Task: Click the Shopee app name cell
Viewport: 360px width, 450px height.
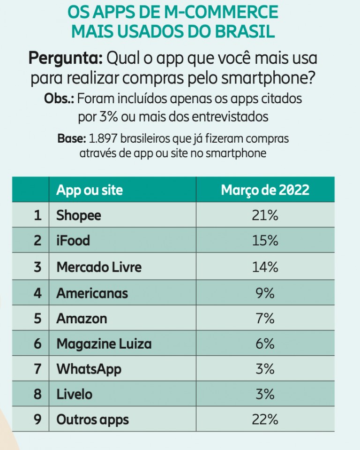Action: click(x=79, y=215)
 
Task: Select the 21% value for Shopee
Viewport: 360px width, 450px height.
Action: click(x=265, y=215)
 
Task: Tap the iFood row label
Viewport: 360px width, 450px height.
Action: click(x=73, y=241)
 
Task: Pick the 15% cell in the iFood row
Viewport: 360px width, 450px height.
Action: click(x=265, y=241)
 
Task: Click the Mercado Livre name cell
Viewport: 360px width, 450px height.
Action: click(x=99, y=267)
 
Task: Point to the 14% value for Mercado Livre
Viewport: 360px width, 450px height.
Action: click(x=265, y=267)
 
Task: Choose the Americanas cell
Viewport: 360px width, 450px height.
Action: click(x=92, y=293)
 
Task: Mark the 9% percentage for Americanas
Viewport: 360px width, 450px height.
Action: click(x=265, y=293)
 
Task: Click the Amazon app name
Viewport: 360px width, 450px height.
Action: click(x=82, y=319)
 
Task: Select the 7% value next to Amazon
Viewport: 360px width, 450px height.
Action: click(x=265, y=319)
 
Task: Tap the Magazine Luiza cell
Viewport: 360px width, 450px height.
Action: click(x=104, y=344)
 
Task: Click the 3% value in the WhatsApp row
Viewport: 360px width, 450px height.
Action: click(x=265, y=369)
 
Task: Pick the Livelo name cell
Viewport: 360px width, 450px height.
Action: click(x=75, y=394)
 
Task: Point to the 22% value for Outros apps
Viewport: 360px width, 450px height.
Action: click(x=265, y=419)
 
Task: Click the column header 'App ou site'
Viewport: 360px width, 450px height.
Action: click(x=90, y=190)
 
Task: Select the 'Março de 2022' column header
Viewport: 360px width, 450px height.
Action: click(x=265, y=190)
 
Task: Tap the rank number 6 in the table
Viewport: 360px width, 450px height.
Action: click(x=38, y=344)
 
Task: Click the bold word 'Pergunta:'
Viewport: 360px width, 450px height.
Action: click(x=66, y=59)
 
